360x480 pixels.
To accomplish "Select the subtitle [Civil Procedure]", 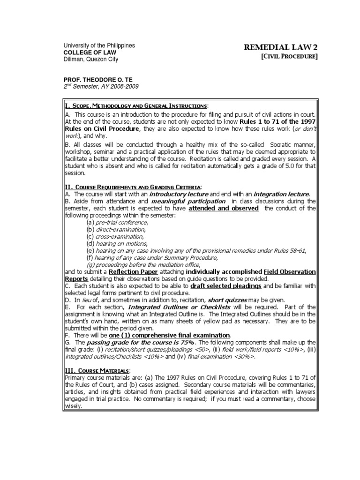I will click(x=290, y=57).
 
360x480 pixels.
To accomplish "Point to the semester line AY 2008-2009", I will click(x=101, y=87).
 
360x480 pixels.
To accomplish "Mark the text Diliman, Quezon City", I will click(x=91, y=60).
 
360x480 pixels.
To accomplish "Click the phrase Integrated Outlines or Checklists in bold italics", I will click(x=168, y=307).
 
